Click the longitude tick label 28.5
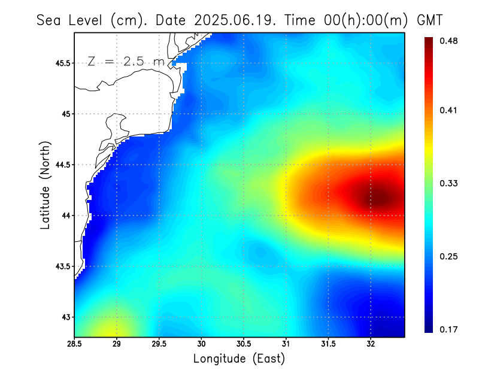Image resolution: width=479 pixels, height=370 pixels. pos(74,344)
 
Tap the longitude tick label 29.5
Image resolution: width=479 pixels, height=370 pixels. pos(159,344)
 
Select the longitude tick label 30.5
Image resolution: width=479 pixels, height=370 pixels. pos(244,344)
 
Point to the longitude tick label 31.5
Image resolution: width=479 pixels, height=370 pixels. pos(329,344)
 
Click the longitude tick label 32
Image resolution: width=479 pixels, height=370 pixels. pos(371,344)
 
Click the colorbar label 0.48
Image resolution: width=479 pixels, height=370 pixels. pos(450,41)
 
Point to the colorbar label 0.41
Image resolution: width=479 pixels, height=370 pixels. pos(450,110)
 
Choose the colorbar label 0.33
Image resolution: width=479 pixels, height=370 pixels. pos(450,183)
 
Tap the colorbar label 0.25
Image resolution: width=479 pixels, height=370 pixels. pos(450,256)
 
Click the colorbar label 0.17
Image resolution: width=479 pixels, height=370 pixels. pos(450,329)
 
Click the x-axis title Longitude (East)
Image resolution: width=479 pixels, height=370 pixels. pos(239,359)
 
